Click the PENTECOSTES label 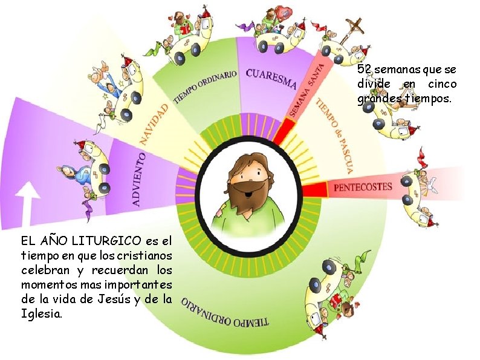[363, 187]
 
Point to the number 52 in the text [365, 70]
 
